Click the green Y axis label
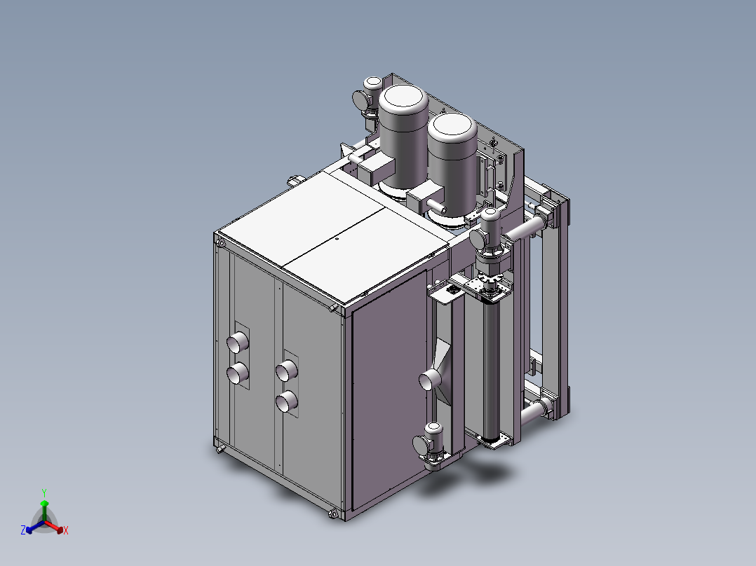point(44,492)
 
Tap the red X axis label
point(66,530)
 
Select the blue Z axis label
point(23,530)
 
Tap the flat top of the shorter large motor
point(452,125)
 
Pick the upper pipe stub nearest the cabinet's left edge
point(238,342)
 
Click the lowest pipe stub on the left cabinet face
point(287,401)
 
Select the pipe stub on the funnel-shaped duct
point(428,380)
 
